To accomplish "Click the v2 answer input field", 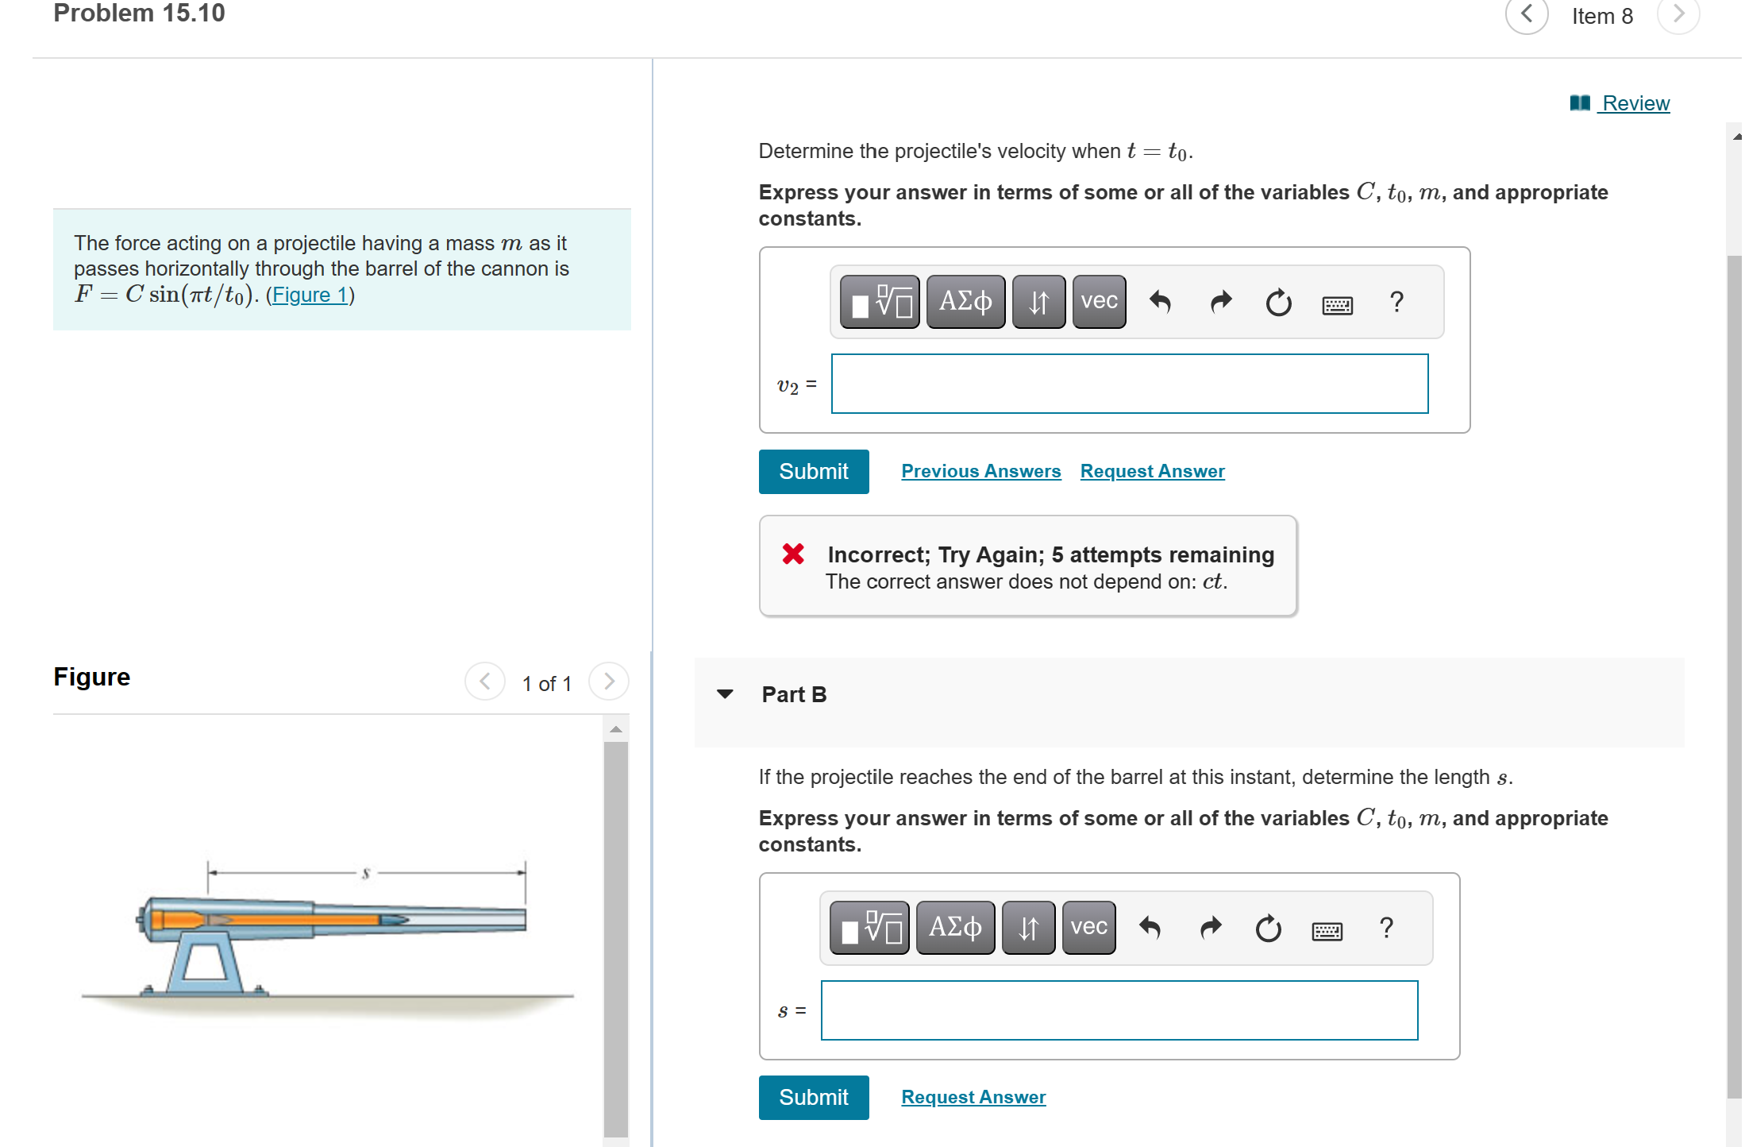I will point(1129,384).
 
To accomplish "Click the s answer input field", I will point(1119,1010).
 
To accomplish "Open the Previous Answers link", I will point(980,471).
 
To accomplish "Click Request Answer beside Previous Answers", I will point(1152,471).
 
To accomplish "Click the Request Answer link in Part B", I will point(973,1097).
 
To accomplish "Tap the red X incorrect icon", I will point(793,554).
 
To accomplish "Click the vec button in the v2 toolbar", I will point(1099,302).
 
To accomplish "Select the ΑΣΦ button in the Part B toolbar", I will point(955,928).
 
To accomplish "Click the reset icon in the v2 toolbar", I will point(1278,303).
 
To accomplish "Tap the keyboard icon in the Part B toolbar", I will point(1327,930).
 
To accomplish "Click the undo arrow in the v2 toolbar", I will point(1160,302).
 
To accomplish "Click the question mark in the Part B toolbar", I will point(1386,928).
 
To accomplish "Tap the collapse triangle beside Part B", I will point(725,694).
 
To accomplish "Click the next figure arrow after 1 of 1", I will point(609,682).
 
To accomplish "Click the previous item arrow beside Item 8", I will point(1526,15).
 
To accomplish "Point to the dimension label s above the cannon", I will point(366,873).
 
